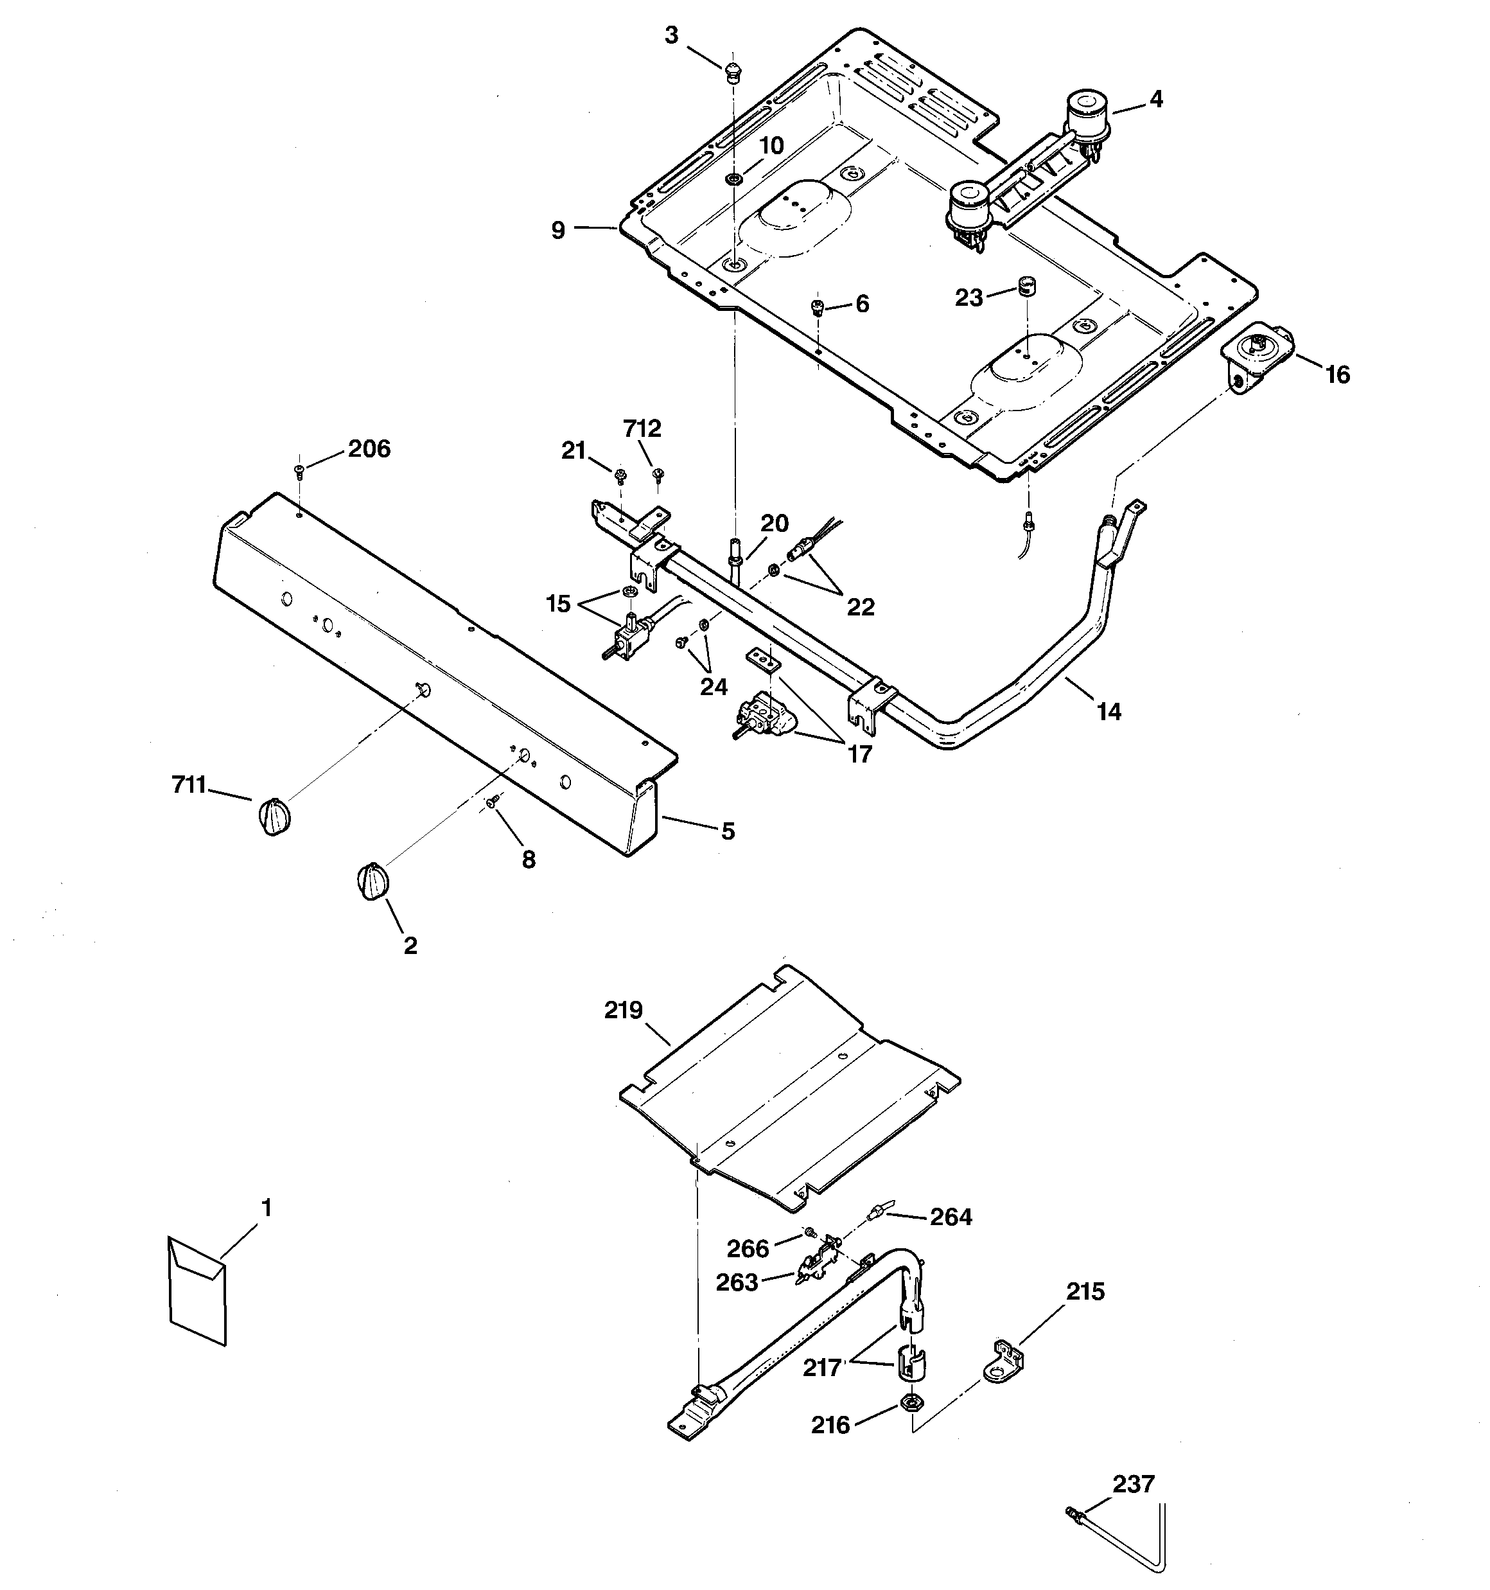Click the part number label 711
click(189, 786)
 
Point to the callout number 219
click(623, 1011)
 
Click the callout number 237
click(1134, 1485)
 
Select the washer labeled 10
click(733, 177)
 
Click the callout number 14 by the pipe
click(1109, 711)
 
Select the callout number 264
click(951, 1217)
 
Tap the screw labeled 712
click(658, 475)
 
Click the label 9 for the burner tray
click(558, 231)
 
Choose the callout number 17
click(859, 754)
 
